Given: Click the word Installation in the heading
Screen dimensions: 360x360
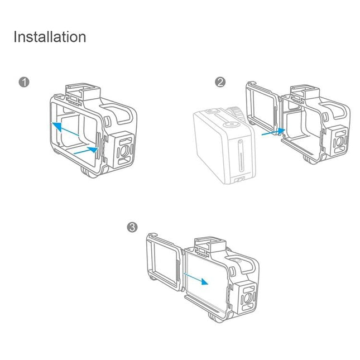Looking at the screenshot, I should click(50, 37).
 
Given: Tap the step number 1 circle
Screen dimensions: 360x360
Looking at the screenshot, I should click(23, 82).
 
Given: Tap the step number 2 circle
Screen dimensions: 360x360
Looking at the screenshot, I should click(220, 82).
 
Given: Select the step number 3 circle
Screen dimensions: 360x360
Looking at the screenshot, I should click(132, 227).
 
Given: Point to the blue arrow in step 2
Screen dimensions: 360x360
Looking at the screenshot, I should click(273, 132).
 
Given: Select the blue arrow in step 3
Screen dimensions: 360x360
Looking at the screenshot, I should click(196, 279).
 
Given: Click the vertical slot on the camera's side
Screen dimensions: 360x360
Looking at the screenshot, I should click(240, 159).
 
